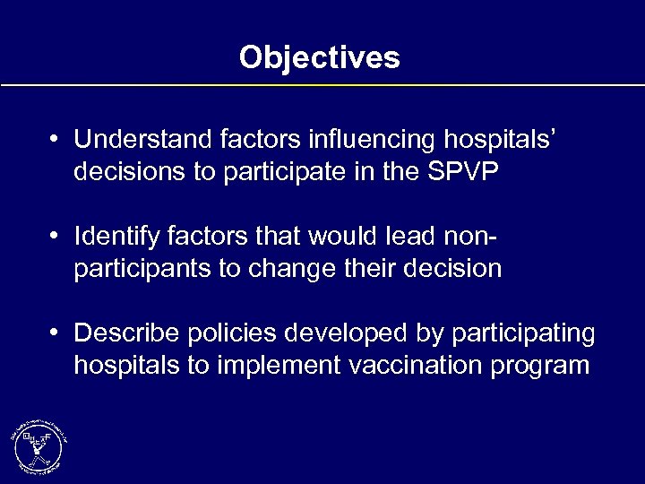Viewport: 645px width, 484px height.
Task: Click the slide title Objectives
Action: click(320, 58)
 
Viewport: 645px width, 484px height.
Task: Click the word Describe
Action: click(127, 333)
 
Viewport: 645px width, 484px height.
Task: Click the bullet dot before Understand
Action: click(56, 140)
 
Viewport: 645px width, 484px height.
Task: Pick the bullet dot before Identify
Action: click(56, 238)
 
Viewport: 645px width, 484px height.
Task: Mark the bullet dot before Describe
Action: click(56, 334)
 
